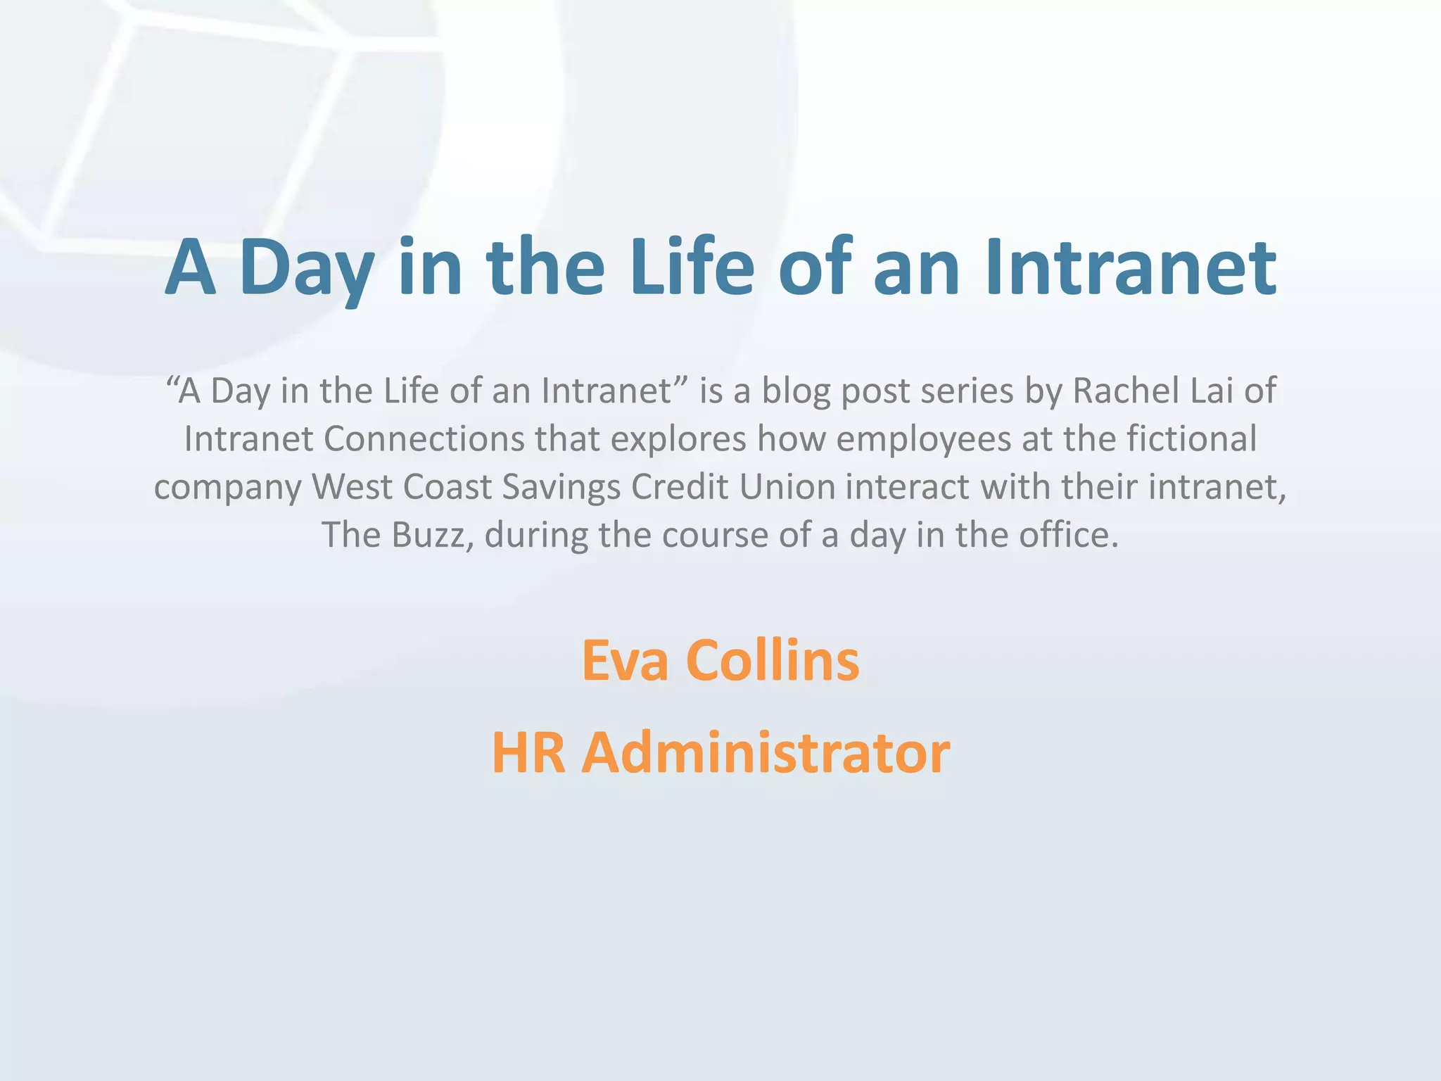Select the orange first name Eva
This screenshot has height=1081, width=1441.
(625, 662)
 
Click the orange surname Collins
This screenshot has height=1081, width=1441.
(773, 662)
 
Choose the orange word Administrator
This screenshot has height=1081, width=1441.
(766, 753)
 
